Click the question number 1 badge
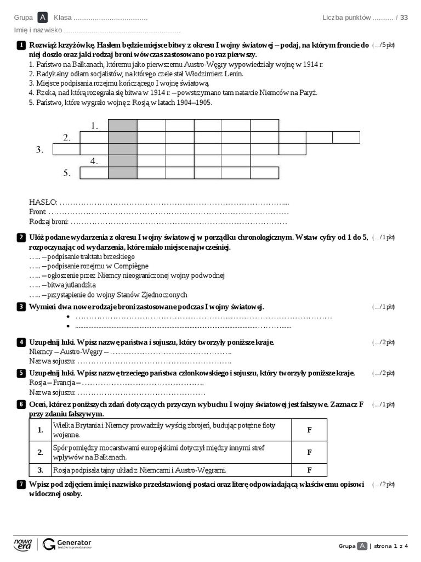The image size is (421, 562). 21,45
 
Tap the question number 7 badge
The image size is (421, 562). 21,484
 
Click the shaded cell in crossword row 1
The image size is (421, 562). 122,125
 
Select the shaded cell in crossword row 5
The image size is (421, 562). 122,173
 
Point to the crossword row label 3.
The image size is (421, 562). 39,149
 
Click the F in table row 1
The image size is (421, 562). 309,430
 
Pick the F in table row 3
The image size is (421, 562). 309,470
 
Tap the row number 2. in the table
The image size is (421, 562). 40,452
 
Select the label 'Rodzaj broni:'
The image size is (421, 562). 49,222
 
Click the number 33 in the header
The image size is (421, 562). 404,18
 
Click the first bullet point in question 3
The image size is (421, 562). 69,317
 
